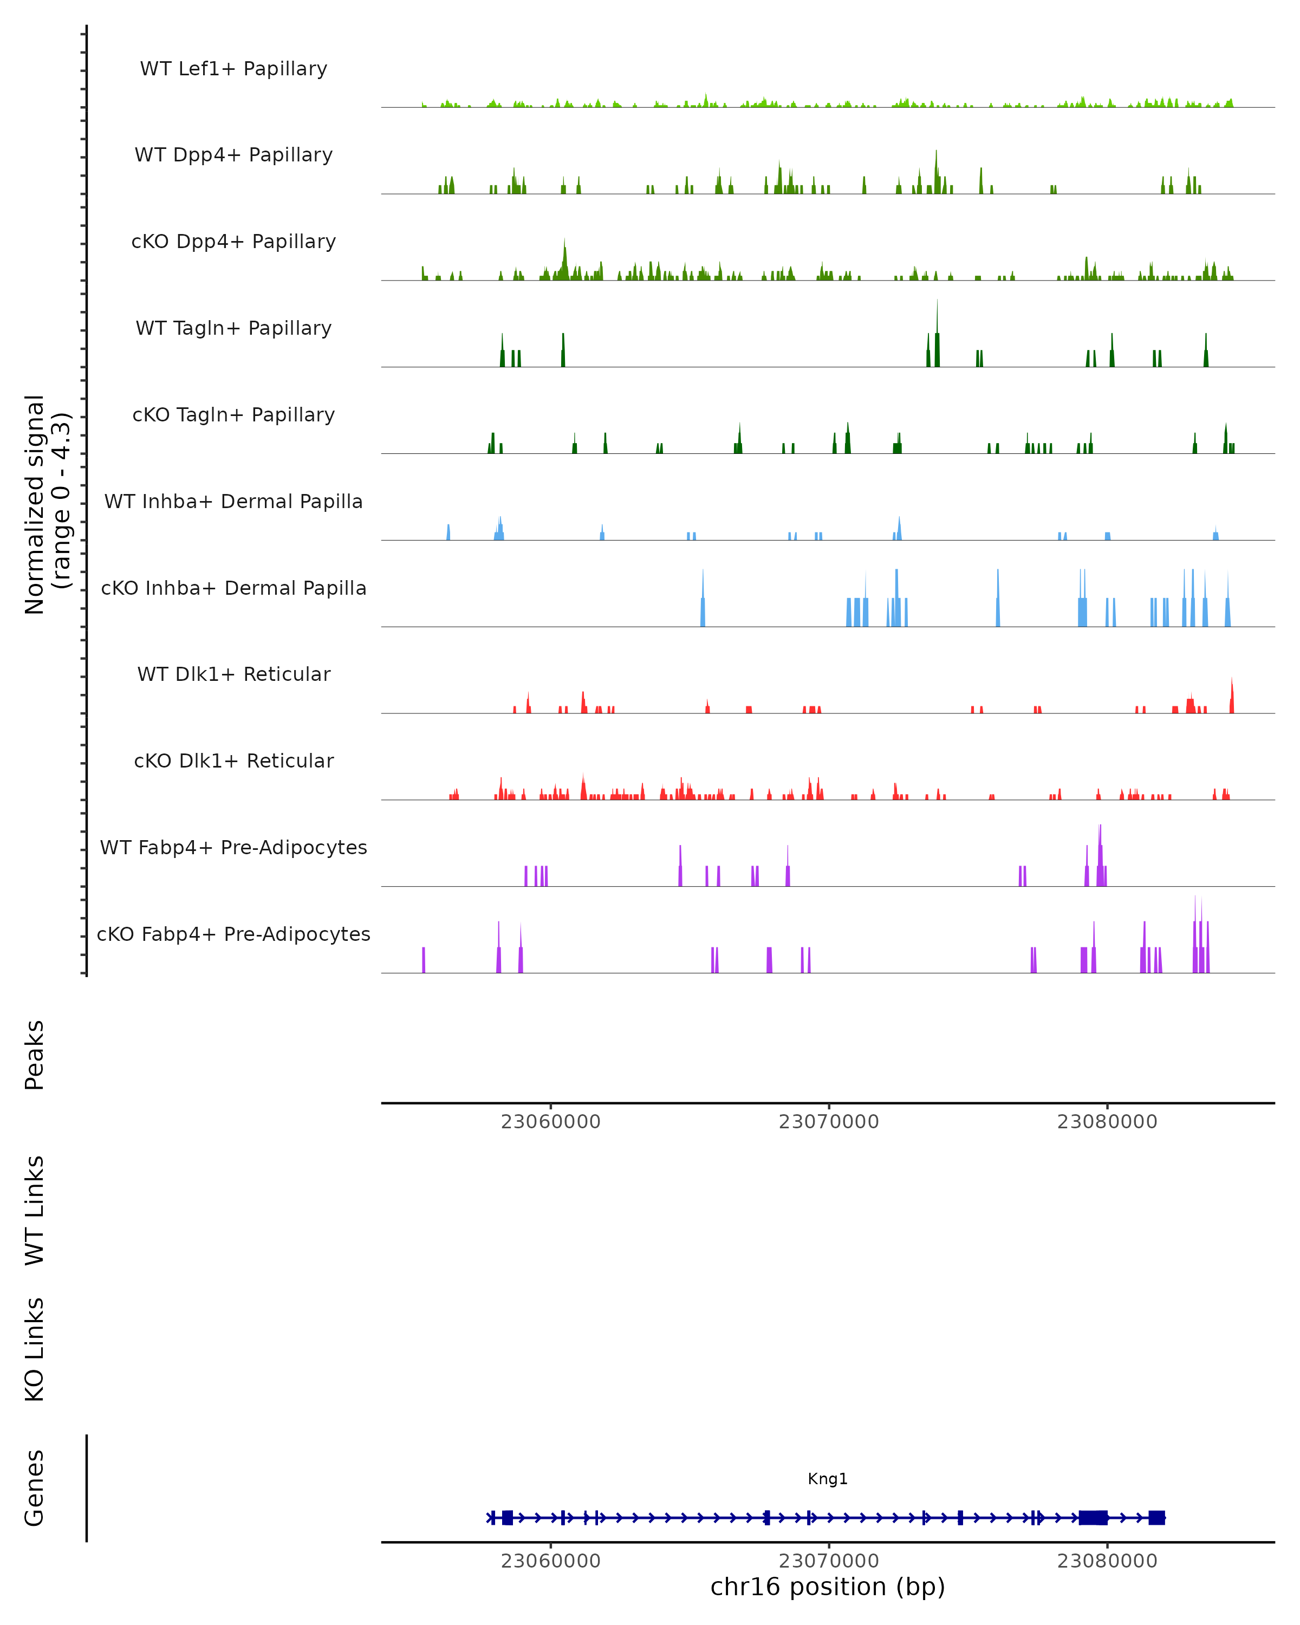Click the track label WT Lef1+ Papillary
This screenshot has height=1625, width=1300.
233,69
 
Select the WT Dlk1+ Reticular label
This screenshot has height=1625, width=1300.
233,674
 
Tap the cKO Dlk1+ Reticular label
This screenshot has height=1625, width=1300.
233,760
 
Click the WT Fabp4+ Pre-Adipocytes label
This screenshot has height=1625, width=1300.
233,847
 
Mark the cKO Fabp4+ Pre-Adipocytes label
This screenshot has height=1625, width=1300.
233,934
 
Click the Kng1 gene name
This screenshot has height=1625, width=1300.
828,1479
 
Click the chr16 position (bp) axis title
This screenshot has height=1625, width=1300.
828,1587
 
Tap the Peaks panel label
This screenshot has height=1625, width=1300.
35,1055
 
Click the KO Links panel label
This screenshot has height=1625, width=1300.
35,1349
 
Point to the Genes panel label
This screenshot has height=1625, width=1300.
35,1488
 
